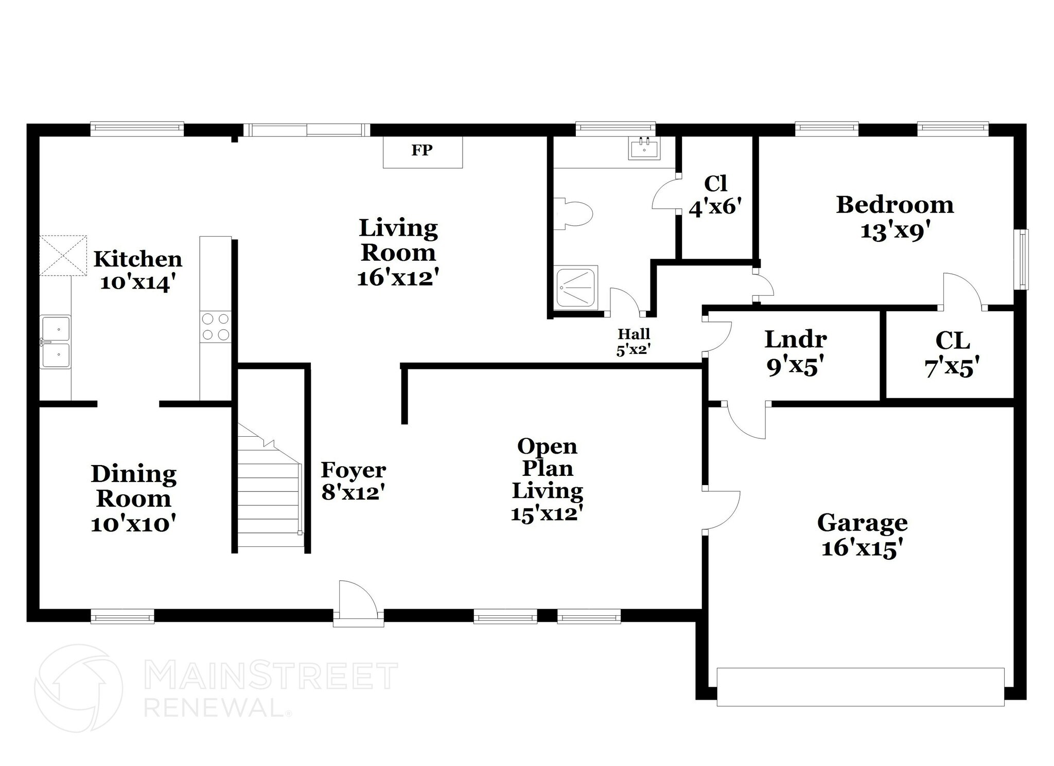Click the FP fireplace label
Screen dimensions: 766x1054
(x=422, y=150)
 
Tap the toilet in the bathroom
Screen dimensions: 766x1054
(x=575, y=213)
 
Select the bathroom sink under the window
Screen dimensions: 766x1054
(x=644, y=149)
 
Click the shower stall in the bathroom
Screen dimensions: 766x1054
(x=577, y=286)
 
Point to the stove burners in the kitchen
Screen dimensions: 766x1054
(x=216, y=327)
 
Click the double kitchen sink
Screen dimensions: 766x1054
(x=56, y=342)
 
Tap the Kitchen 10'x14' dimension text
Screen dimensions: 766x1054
(x=135, y=283)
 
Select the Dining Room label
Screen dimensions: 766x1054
(x=134, y=486)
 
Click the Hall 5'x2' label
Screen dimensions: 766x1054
(x=634, y=342)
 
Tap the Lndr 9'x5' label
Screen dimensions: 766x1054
(x=795, y=352)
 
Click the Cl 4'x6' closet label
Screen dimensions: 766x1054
(x=715, y=195)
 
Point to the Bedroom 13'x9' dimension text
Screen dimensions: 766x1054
(x=895, y=231)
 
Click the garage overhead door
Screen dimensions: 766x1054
(x=860, y=687)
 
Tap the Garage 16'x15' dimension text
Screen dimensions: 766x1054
(x=862, y=548)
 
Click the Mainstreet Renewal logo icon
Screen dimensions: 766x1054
(x=78, y=688)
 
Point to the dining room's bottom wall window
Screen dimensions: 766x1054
(x=122, y=616)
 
